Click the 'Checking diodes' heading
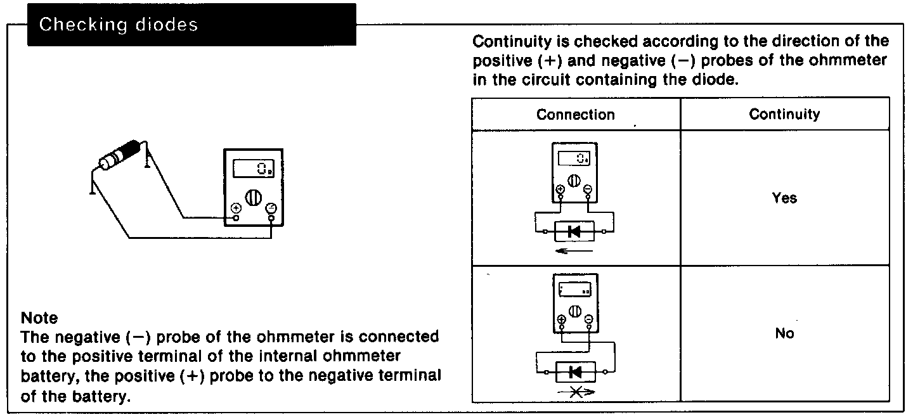tap(118, 25)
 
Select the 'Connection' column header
tap(575, 115)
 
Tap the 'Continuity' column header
tap(784, 114)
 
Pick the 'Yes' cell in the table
tap(784, 198)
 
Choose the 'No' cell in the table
tap(784, 333)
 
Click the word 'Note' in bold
tap(39, 318)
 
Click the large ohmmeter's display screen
tap(254, 169)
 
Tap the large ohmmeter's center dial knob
tap(252, 196)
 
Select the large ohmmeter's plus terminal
tap(236, 208)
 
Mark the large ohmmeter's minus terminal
tap(271, 208)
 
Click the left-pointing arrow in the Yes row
tap(573, 250)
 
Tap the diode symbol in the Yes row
tap(574, 231)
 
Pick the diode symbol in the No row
tap(575, 372)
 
